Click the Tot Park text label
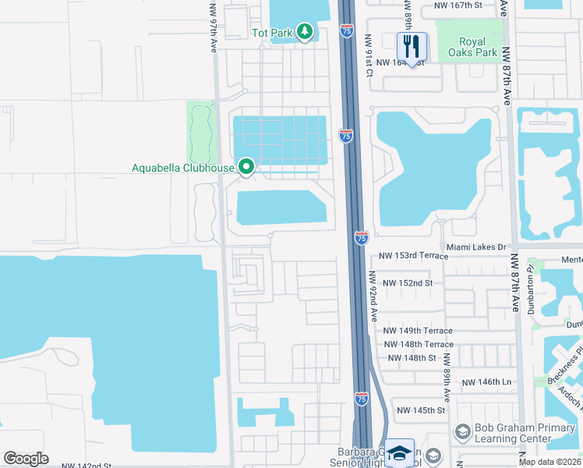tap(270, 34)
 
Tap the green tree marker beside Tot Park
tap(304, 33)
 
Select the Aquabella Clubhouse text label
tap(183, 168)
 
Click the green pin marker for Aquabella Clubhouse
tap(247, 167)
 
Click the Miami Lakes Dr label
tap(476, 246)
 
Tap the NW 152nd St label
tap(405, 282)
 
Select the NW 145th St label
tap(421, 410)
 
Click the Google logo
tap(26, 459)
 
